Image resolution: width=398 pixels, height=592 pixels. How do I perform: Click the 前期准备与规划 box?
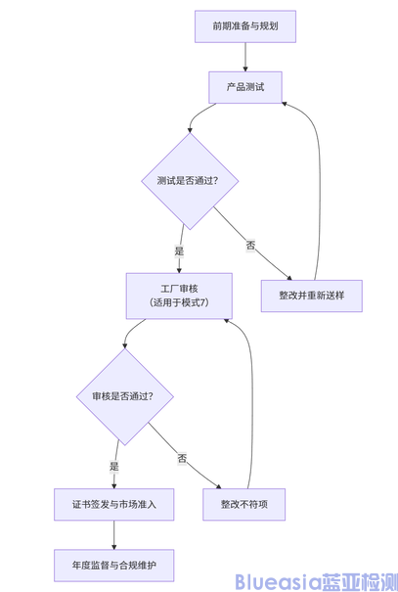tap(244, 25)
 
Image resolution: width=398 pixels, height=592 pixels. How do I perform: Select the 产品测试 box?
tap(244, 87)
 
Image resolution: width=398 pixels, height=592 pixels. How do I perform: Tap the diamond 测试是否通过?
tap(192, 181)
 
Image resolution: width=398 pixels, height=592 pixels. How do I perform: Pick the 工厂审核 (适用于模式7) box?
tap(178, 296)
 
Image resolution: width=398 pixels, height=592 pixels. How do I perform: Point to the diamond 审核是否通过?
tap(122, 396)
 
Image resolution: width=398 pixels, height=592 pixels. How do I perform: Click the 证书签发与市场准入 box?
tap(114, 504)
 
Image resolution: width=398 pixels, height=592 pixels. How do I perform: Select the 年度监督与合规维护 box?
tap(114, 565)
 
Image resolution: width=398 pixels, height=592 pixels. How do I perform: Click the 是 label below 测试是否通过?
tap(179, 250)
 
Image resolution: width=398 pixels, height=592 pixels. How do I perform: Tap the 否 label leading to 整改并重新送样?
tap(250, 245)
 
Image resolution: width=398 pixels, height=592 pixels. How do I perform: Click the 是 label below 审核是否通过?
tap(114, 466)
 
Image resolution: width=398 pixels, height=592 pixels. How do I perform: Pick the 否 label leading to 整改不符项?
tap(182, 458)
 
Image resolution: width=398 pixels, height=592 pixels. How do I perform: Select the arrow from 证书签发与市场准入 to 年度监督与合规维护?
tap(114, 534)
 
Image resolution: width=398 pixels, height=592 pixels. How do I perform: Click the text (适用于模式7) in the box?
tap(178, 303)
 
